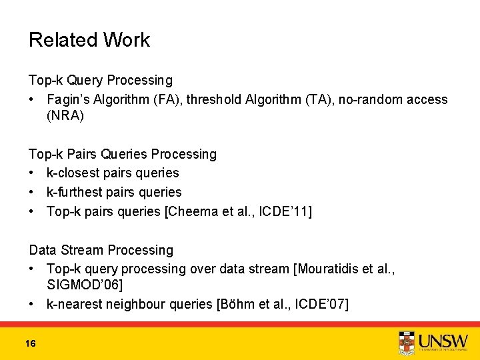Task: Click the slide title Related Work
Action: (x=89, y=40)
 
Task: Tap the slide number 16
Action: (x=30, y=343)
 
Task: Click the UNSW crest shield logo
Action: (x=407, y=342)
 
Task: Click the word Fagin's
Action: (x=71, y=99)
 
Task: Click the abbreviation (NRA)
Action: (x=65, y=115)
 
